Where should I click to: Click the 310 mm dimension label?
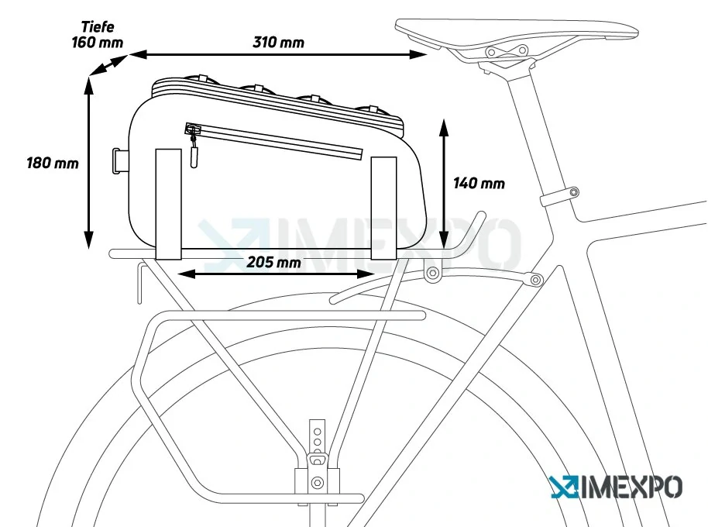click(278, 43)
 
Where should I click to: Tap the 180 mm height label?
click(53, 163)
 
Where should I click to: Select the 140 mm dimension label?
click(479, 184)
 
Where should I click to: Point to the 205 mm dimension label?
click(273, 262)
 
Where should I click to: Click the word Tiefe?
click(98, 26)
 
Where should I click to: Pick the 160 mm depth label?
click(97, 43)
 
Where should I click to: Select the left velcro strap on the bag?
click(168, 204)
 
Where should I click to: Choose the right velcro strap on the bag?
click(383, 208)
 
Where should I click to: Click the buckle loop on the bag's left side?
click(119, 161)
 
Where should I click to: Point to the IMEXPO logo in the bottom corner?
click(617, 487)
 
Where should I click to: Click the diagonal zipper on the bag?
click(274, 141)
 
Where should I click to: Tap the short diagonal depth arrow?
click(108, 64)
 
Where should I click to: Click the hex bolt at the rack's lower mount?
click(318, 482)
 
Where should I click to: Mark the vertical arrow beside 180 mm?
click(89, 163)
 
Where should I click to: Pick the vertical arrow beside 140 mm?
click(445, 184)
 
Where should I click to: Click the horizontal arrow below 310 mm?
click(278, 55)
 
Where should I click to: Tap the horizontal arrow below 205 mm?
click(276, 274)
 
